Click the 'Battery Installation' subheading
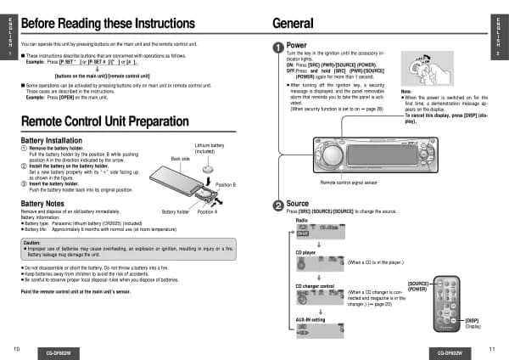click(x=52, y=139)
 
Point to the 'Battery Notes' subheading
click(x=43, y=204)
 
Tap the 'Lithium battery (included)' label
click(x=210, y=148)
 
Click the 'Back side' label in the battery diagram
click(x=180, y=159)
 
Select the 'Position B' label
click(x=226, y=184)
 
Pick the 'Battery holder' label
click(x=175, y=211)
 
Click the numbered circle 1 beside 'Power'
click(x=277, y=47)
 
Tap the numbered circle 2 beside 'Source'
click(x=277, y=205)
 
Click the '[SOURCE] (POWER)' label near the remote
click(x=418, y=286)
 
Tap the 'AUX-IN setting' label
click(x=310, y=319)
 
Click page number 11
click(x=492, y=349)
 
